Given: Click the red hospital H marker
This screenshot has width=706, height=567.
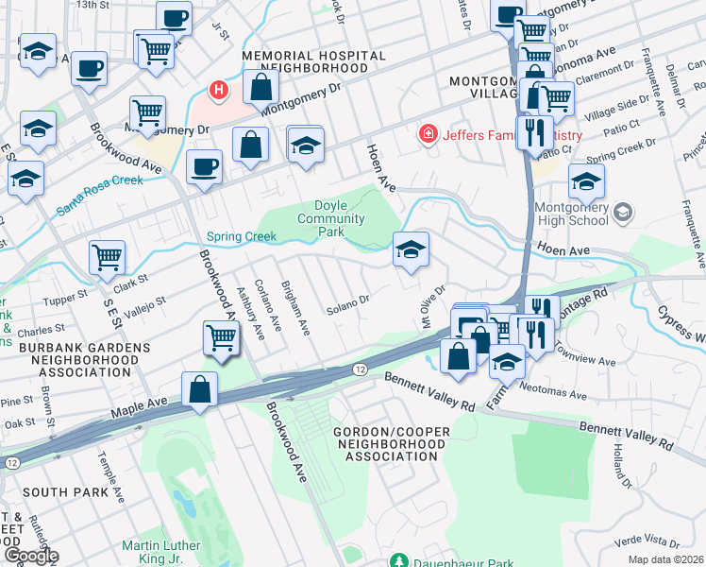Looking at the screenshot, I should (x=219, y=91).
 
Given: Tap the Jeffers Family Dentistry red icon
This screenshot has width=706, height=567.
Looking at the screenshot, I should (x=429, y=135).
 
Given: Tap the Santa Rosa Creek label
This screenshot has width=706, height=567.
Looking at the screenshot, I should (x=100, y=195).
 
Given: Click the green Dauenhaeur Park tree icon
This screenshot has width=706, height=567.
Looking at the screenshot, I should (x=398, y=560).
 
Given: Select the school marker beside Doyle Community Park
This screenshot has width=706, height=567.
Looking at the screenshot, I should (x=411, y=250).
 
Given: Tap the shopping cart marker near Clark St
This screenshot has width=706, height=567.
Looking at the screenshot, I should (x=108, y=258).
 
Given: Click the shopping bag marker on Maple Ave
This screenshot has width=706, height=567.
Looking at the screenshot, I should (x=200, y=389).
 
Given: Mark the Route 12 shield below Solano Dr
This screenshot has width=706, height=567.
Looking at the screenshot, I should (x=360, y=369).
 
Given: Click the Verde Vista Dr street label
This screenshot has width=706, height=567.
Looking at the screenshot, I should (x=647, y=541).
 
